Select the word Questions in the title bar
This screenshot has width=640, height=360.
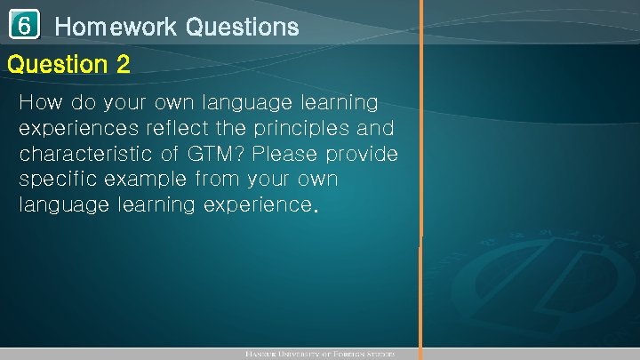coord(242,28)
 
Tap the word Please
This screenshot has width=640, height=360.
coord(288,155)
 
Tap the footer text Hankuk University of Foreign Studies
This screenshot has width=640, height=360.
coord(319,354)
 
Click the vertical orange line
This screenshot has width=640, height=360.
coord(421,178)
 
